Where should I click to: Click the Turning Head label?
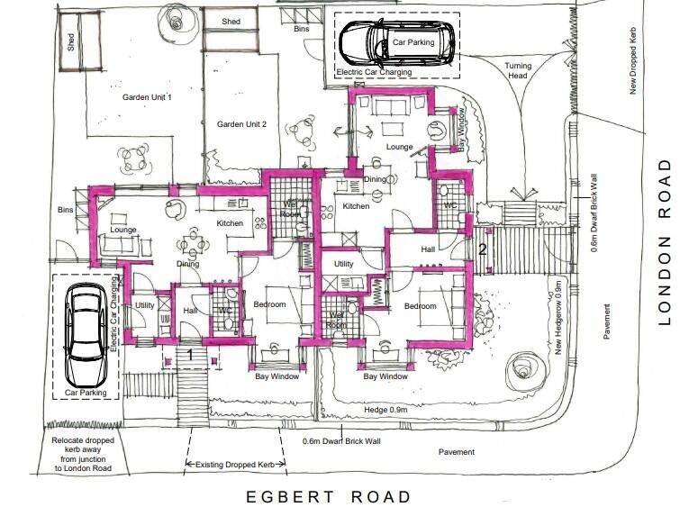pos(518,71)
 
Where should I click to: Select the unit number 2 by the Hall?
pos(483,249)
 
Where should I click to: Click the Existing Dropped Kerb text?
pos(237,465)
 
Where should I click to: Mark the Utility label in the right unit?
pos(343,264)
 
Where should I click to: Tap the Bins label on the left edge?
pos(65,209)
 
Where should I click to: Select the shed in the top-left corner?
pos(71,51)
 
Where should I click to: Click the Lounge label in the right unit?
pos(399,146)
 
